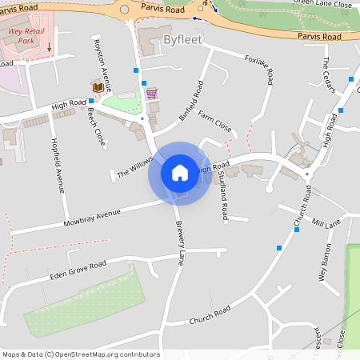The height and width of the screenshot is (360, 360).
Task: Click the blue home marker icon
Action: pyautogui.click(x=180, y=173)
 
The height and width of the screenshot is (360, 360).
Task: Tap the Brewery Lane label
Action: pyautogui.click(x=180, y=243)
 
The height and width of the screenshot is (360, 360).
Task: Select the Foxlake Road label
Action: pyautogui.click(x=260, y=70)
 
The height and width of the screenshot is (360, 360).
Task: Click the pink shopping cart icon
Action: pyautogui.click(x=151, y=93)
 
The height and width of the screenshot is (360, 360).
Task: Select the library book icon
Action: pyautogui.click(x=98, y=86)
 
